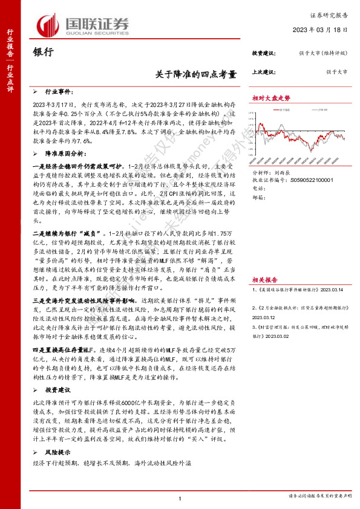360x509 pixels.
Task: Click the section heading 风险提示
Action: (x=59, y=452)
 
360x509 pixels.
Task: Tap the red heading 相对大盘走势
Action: (x=271, y=97)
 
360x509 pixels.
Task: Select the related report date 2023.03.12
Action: (x=264, y=317)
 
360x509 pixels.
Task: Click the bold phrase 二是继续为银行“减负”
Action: (x=67, y=233)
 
